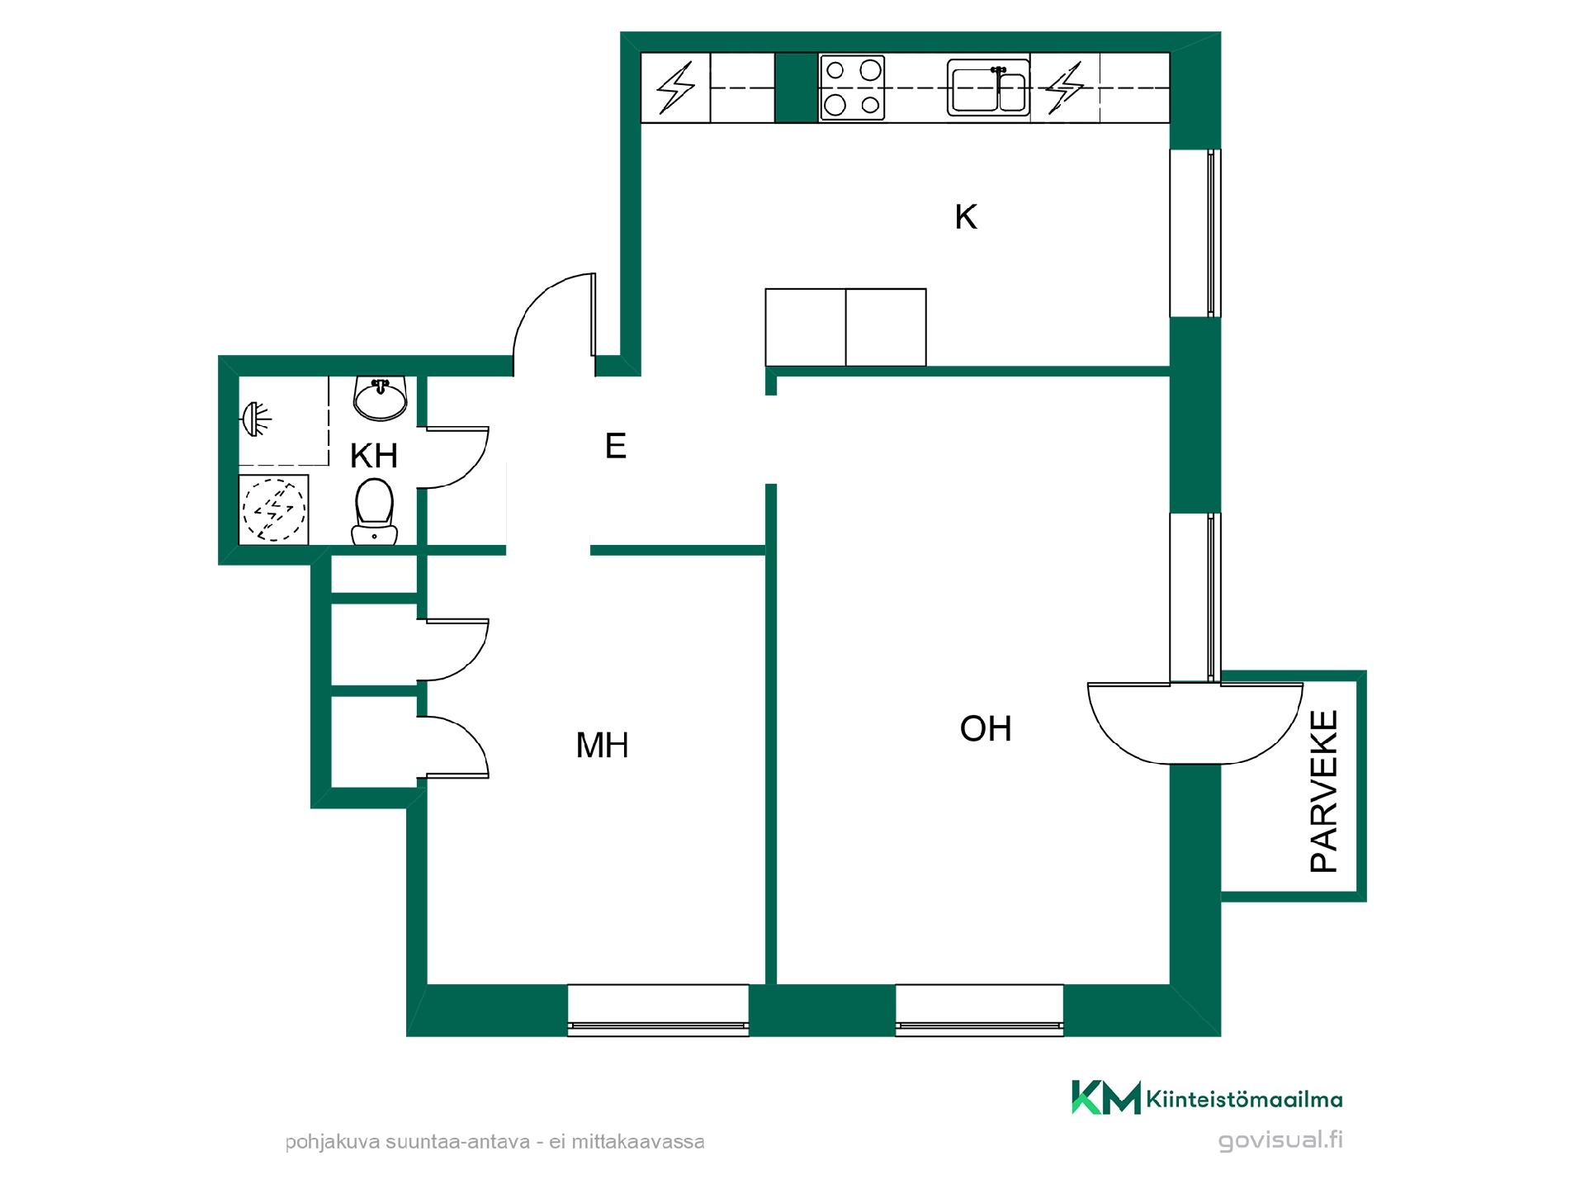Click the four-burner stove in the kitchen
[852, 88]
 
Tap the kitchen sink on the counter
[988, 87]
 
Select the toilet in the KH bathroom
[374, 512]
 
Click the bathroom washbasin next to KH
[380, 397]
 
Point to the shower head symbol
[258, 419]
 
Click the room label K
[966, 217]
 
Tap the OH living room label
[986, 728]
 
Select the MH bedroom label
[602, 745]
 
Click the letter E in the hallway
[616, 446]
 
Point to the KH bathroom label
[374, 456]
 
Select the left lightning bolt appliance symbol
[676, 88]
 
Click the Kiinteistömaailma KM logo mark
[1105, 1097]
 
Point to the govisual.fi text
[1280, 1140]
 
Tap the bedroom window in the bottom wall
[658, 1010]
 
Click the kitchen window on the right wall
[1195, 233]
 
